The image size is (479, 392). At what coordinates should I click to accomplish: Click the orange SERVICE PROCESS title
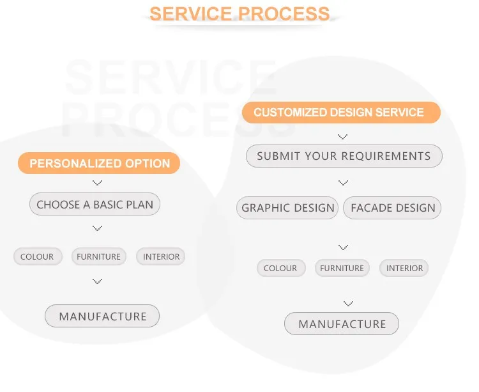click(240, 13)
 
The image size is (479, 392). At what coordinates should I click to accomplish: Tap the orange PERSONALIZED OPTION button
click(99, 164)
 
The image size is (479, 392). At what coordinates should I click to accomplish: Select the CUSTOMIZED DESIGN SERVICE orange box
click(341, 113)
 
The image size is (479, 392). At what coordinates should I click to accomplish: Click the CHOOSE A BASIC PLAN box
click(95, 205)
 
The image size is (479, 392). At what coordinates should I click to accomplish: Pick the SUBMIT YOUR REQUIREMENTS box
click(344, 156)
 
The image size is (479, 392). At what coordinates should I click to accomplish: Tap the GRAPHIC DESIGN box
click(288, 208)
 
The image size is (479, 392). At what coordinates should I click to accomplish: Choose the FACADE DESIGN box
click(393, 208)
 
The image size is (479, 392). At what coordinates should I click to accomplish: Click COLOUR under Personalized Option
click(37, 256)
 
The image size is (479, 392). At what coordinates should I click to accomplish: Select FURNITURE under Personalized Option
click(98, 256)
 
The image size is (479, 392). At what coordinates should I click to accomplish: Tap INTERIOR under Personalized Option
click(161, 256)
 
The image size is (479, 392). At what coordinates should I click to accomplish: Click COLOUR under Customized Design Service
click(280, 268)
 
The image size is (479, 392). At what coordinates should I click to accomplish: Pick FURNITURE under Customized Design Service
click(342, 268)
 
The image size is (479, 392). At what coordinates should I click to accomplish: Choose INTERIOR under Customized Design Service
click(404, 268)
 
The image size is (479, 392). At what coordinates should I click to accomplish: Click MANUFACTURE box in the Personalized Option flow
click(102, 316)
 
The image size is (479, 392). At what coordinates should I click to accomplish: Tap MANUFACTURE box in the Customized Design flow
click(342, 324)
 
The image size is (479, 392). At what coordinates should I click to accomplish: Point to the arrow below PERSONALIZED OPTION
click(97, 183)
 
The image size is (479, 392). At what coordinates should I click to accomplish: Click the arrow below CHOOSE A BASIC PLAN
click(97, 228)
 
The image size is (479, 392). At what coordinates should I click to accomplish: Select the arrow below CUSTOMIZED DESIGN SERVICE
click(343, 136)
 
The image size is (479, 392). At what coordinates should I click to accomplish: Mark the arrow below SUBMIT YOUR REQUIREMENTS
click(343, 183)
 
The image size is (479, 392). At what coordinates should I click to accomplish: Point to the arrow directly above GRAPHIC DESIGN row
click(343, 183)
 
